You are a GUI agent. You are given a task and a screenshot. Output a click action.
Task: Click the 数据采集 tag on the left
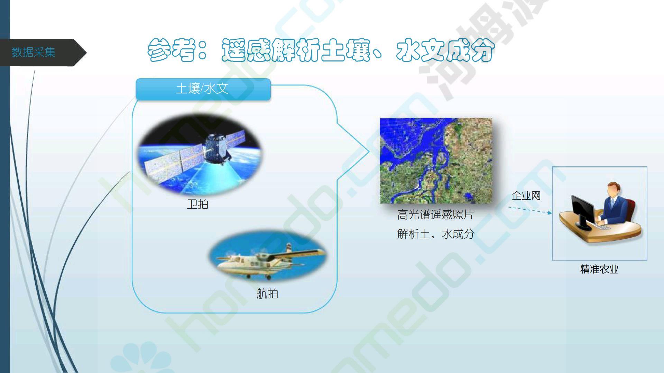pyautogui.click(x=34, y=52)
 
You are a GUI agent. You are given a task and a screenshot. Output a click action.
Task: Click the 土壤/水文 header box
pyautogui.click(x=203, y=89)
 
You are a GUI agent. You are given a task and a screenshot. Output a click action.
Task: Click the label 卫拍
pyautogui.click(x=197, y=204)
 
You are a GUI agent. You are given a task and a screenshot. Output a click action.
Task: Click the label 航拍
pyautogui.click(x=267, y=294)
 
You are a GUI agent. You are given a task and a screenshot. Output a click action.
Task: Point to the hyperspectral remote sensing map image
pyautogui.click(x=436, y=161)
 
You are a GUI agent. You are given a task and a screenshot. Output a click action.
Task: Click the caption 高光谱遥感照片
pyautogui.click(x=435, y=215)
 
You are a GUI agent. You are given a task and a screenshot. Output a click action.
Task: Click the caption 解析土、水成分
pyautogui.click(x=435, y=234)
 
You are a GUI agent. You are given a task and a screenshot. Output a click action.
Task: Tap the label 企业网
pyautogui.click(x=526, y=196)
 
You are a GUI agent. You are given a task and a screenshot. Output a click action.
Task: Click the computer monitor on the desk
pyautogui.click(x=582, y=213)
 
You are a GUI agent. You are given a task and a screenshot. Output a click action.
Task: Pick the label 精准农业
pyautogui.click(x=599, y=269)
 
